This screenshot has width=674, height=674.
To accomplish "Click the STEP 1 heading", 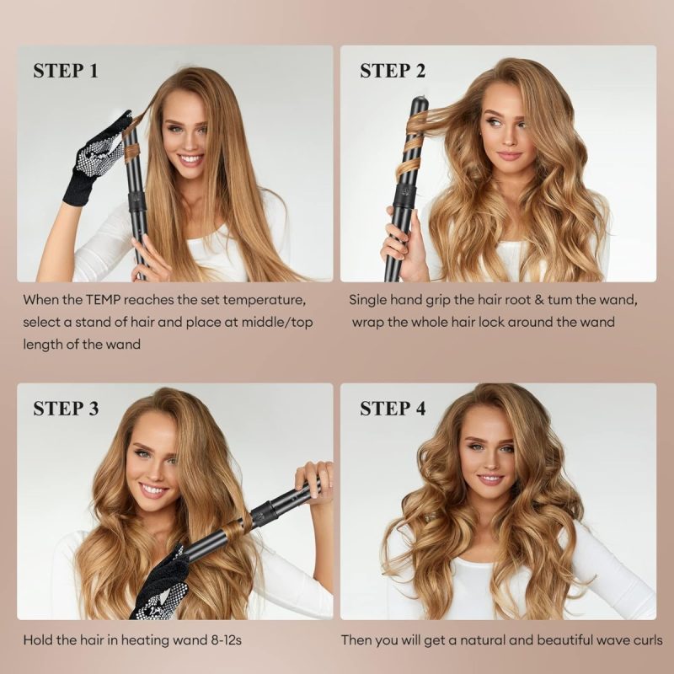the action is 66,71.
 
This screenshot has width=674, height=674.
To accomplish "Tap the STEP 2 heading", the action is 393,71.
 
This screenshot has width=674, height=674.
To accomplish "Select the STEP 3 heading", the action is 66,409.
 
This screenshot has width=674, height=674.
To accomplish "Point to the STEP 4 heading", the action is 393,409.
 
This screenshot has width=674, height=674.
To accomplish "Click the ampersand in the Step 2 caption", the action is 539,300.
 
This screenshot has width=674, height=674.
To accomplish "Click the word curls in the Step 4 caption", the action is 648,640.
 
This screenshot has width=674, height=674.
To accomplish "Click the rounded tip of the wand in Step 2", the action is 419,103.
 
